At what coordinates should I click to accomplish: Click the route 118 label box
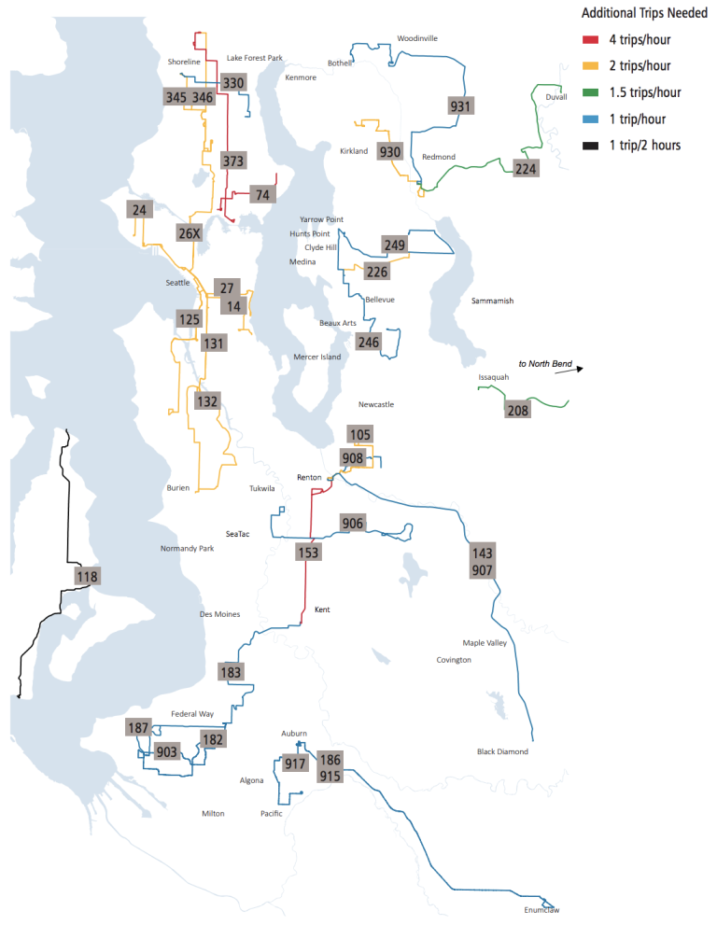87,576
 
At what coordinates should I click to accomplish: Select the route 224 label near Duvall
526,168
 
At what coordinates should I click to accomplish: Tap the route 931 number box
460,105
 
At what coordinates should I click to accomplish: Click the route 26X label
190,232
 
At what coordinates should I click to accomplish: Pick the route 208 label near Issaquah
517,410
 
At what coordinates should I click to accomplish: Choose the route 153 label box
308,552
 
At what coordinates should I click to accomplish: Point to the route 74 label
262,194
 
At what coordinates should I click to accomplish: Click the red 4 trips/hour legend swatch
590,40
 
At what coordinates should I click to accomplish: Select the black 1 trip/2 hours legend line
590,145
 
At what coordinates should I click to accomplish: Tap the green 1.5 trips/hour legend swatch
590,92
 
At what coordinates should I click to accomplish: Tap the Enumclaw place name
541,910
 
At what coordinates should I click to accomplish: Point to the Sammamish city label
492,301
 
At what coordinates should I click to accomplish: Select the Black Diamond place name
502,751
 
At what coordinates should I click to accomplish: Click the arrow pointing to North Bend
569,370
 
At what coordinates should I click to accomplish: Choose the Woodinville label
416,38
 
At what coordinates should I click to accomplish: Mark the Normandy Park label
187,548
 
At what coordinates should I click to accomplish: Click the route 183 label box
232,671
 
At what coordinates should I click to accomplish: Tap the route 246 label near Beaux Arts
369,342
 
